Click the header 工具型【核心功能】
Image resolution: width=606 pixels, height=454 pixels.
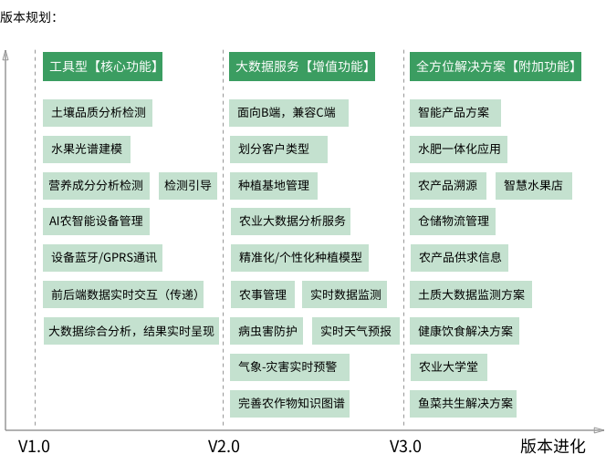click(x=105, y=67)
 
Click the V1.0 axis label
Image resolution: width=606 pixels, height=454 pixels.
click(x=35, y=446)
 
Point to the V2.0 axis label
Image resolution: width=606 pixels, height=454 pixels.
click(x=224, y=446)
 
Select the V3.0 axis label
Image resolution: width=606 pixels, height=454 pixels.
click(x=405, y=446)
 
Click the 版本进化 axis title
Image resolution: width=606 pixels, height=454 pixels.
click(x=553, y=446)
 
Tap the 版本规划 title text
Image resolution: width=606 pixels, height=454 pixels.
click(x=27, y=16)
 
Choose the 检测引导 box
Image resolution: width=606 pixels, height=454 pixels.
click(x=188, y=186)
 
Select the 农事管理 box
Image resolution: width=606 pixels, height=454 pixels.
click(x=263, y=294)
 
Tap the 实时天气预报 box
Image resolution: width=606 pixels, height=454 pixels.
click(x=356, y=330)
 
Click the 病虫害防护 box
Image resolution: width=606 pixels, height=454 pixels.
click(x=267, y=330)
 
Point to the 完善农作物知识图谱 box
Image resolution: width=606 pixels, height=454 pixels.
click(x=292, y=402)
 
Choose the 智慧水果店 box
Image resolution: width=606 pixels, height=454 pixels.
click(x=534, y=186)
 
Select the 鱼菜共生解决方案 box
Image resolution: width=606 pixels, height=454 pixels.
click(x=465, y=402)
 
